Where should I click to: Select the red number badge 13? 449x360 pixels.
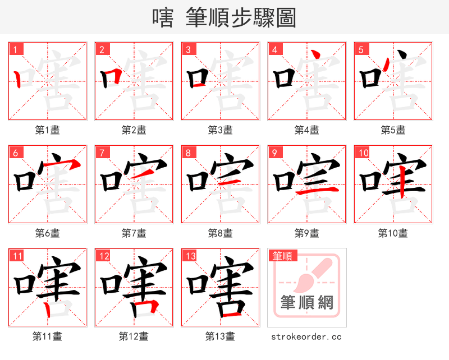point(189,256)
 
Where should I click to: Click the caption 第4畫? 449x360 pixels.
point(306,130)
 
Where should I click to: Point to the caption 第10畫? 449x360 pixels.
point(393,233)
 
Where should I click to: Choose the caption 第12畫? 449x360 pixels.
point(134,336)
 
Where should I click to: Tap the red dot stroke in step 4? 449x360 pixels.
point(317,55)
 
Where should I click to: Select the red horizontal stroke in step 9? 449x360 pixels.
point(317,192)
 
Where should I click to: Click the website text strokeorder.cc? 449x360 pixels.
point(306,337)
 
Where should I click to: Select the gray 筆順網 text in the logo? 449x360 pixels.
point(306,303)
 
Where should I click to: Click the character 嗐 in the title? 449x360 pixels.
point(163,17)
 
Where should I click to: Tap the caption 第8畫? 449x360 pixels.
point(220,233)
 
